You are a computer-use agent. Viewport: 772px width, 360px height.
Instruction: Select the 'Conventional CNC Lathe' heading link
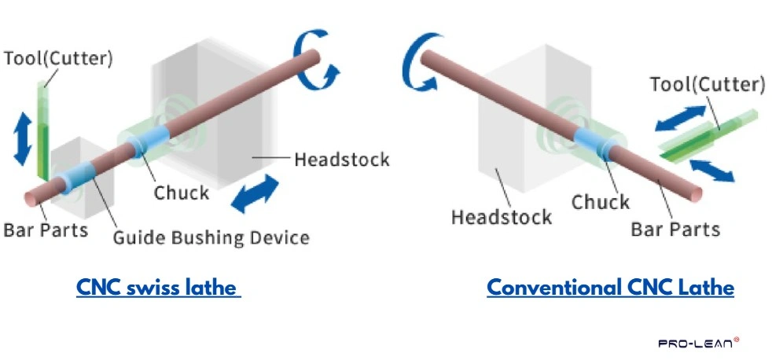(610, 288)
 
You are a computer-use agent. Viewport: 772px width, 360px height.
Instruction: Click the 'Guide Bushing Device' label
(211, 237)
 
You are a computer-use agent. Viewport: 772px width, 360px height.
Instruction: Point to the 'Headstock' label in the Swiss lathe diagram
(341, 160)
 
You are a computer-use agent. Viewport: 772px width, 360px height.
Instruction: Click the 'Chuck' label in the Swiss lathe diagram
(181, 193)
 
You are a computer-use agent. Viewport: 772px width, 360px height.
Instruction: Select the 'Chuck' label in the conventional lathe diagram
(600, 202)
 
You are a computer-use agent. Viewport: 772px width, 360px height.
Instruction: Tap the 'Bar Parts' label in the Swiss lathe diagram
(46, 231)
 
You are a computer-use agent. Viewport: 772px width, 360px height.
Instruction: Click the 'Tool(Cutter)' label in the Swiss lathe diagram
(58, 57)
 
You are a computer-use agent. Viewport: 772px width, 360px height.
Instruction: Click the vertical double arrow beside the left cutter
(23, 138)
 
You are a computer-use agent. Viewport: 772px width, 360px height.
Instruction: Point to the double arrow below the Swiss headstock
(255, 193)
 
